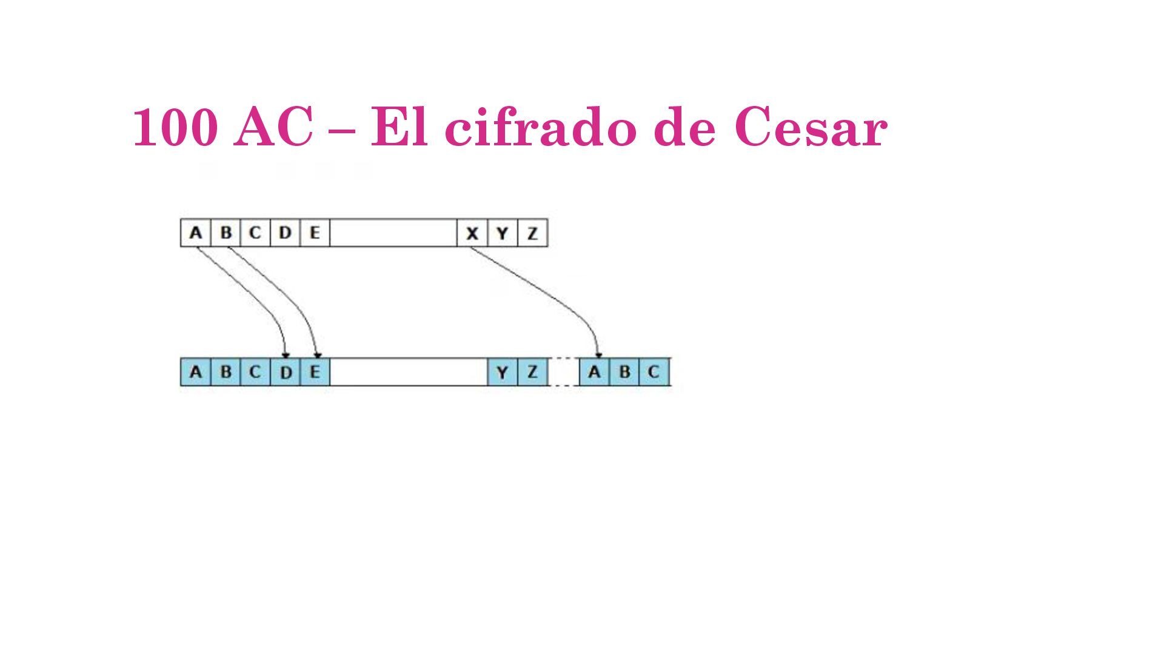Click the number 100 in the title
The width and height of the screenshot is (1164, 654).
[x=175, y=127]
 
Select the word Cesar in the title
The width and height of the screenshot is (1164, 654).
[x=811, y=127]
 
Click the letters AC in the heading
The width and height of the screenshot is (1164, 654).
[x=273, y=127]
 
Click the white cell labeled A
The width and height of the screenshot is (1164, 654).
[x=195, y=233]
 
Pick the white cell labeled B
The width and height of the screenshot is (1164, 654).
[x=226, y=233]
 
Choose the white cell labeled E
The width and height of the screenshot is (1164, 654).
[x=315, y=233]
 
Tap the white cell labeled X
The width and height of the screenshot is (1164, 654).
[x=472, y=233]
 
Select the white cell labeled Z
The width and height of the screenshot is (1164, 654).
[x=532, y=233]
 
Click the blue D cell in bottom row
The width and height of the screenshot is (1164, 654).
[x=285, y=372]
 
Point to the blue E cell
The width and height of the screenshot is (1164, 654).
[x=315, y=372]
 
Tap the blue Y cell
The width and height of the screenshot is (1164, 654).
[x=503, y=372]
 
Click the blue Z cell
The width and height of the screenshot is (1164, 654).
[x=532, y=372]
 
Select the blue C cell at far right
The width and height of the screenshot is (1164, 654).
[x=654, y=372]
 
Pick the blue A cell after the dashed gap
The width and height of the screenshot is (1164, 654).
[x=594, y=372]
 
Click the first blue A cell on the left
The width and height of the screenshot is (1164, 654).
[x=195, y=372]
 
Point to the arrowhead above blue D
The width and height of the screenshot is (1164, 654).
[x=286, y=355]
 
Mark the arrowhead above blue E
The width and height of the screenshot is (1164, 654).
[x=317, y=355]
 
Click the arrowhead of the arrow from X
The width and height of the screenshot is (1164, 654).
[x=598, y=355]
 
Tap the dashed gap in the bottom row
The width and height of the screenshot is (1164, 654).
[x=564, y=372]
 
